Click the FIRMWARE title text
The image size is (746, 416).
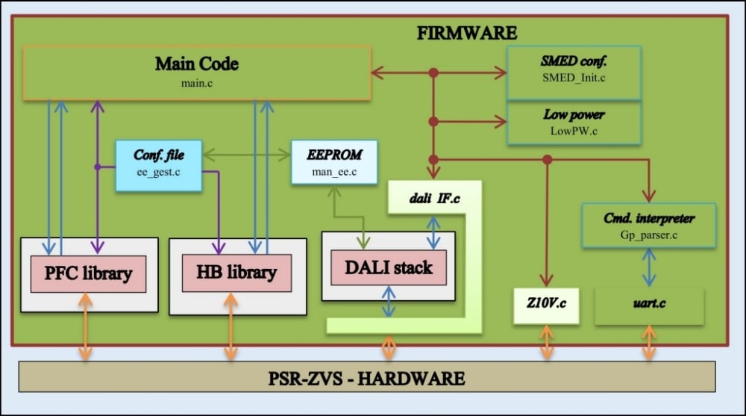click(x=466, y=33)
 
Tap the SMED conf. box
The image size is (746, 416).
click(x=573, y=72)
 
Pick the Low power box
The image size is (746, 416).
click(x=573, y=122)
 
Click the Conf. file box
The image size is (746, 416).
click(x=158, y=165)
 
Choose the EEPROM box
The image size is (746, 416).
click(x=334, y=162)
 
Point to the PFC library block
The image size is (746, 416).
click(x=88, y=273)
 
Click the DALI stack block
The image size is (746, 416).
click(x=388, y=267)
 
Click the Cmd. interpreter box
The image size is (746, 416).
click(x=649, y=225)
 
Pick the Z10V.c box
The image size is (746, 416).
click(x=546, y=305)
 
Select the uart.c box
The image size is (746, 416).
click(x=649, y=305)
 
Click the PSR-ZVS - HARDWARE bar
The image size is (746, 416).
click(x=366, y=377)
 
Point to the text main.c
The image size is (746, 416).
click(x=197, y=82)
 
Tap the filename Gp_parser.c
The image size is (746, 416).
click(x=649, y=233)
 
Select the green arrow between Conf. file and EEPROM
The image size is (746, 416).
click(x=246, y=155)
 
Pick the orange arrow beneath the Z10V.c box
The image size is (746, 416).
click(x=547, y=343)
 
